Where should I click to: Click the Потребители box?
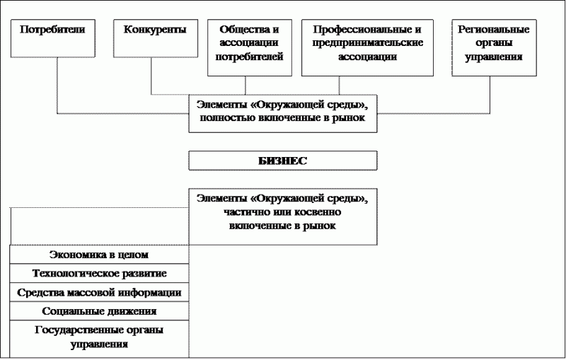click(x=52, y=38)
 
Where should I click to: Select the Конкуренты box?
click(x=156, y=38)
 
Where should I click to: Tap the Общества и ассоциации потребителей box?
click(x=250, y=47)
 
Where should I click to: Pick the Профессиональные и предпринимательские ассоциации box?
click(x=367, y=47)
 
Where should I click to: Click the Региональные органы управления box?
click(x=494, y=47)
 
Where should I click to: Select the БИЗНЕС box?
click(x=283, y=161)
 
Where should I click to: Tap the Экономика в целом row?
click(x=99, y=255)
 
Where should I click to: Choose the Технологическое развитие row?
click(x=99, y=274)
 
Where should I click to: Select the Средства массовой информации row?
click(x=99, y=292)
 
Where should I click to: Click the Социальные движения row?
click(x=99, y=311)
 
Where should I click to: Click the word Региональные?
click(x=494, y=30)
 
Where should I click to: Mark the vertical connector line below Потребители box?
click(x=57, y=86)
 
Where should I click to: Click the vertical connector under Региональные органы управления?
click(x=490, y=95)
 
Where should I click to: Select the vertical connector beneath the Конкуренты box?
click(x=151, y=76)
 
